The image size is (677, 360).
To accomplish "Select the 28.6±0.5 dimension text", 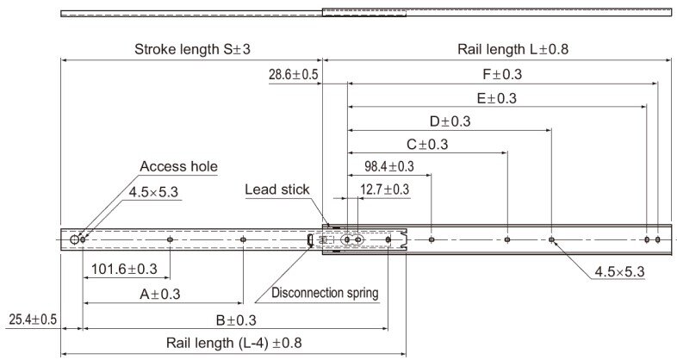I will [x=293, y=75].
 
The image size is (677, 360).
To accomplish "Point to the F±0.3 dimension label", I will [x=502, y=75].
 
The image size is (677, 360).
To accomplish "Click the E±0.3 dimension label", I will [x=496, y=98].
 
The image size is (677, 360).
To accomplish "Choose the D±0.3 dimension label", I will [x=450, y=121].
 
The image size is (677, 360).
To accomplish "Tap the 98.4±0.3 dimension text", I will [x=388, y=166].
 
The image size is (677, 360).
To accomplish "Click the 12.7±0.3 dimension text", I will [x=385, y=189].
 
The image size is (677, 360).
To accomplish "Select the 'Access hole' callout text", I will [x=178, y=166].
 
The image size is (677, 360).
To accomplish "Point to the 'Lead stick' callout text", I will [x=276, y=189].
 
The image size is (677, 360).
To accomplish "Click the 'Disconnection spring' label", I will [x=325, y=293].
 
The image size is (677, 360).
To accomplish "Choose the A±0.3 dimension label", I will [x=160, y=294].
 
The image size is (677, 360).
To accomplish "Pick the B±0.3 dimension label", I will [x=236, y=320].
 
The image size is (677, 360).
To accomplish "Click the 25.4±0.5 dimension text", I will [x=33, y=320].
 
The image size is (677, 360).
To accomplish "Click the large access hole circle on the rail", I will [x=77, y=239].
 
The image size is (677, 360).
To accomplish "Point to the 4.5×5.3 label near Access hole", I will [x=152, y=192].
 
